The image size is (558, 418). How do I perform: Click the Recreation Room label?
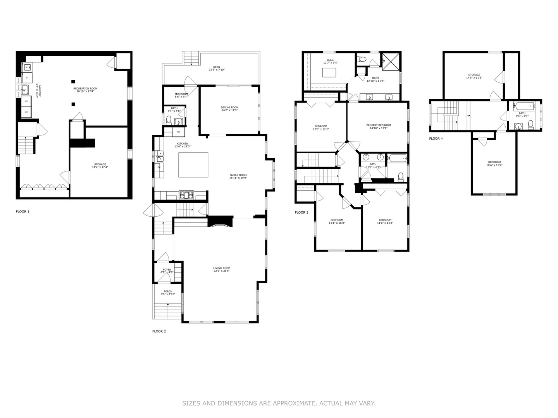coord(85,89)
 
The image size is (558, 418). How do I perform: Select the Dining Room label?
coord(229,108)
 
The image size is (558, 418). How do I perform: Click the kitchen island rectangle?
coord(193,165)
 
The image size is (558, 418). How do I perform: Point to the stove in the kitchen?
coord(186,195)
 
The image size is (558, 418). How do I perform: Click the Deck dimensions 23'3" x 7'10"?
coord(217,70)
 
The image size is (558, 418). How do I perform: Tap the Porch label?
coord(168,291)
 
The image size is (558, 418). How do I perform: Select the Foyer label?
coord(167,270)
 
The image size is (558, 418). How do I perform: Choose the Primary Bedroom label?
coord(378,125)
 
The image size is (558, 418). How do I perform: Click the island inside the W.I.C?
coord(329,72)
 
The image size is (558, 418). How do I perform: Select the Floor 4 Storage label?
coord(474,75)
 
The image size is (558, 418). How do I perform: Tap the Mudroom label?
coord(181,94)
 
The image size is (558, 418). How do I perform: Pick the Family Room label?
coord(238,175)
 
